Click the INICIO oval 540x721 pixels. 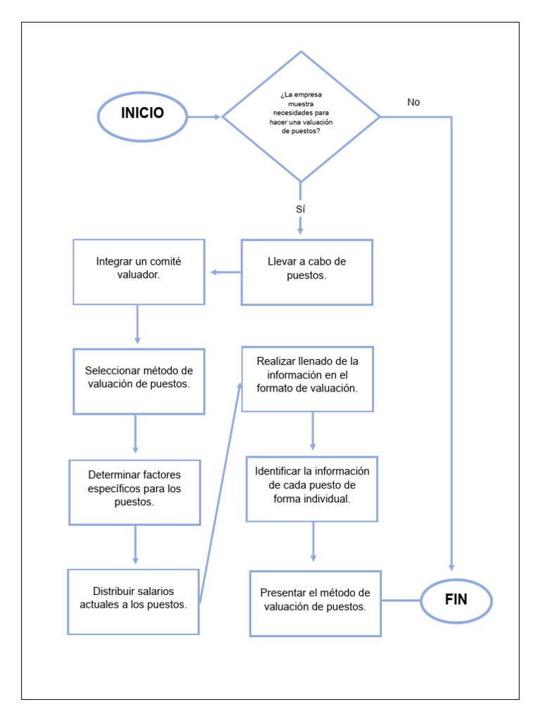(143, 116)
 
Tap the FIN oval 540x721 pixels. (456, 601)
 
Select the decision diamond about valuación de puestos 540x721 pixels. (301, 117)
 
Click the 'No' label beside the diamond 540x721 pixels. (413, 102)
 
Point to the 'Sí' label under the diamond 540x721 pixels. (300, 209)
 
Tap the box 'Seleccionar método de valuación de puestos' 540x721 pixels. (139, 381)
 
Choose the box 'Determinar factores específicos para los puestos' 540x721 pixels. (134, 491)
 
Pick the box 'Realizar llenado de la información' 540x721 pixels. (307, 378)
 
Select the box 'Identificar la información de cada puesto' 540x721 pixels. (311, 489)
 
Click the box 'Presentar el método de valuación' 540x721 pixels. (315, 603)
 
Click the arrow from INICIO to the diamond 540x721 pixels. (205, 117)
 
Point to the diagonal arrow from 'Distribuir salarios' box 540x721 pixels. (220, 493)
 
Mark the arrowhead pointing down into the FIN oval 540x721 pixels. (451, 565)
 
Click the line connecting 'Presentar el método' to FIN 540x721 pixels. (401, 601)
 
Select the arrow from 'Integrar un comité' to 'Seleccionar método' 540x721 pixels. (137, 325)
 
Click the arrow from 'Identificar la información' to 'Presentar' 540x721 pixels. (313, 542)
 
